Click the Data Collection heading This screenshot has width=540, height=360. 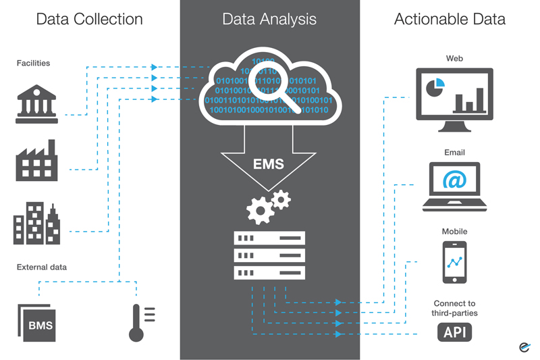89,20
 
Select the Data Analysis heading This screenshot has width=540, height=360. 269,20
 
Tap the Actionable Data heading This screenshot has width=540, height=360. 450,20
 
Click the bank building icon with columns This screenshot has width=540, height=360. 36,104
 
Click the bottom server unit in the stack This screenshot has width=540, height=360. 269,272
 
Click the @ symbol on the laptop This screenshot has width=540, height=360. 454,180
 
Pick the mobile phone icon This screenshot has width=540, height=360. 454,262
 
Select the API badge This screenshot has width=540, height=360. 454,332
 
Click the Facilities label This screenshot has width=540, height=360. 34,63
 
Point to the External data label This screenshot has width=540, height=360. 42,267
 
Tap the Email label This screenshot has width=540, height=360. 454,153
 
